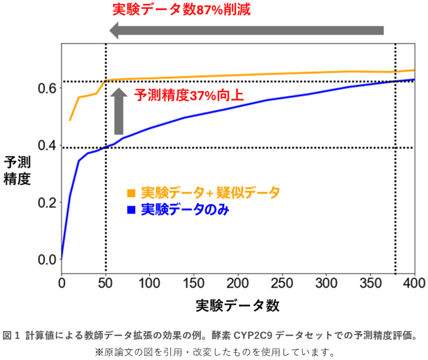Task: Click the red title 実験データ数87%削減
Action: point(181,9)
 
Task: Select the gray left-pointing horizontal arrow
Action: point(246,30)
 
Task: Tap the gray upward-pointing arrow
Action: point(119,112)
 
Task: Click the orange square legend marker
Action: point(130,193)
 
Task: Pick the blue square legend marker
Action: point(130,210)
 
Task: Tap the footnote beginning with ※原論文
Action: point(215,352)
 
